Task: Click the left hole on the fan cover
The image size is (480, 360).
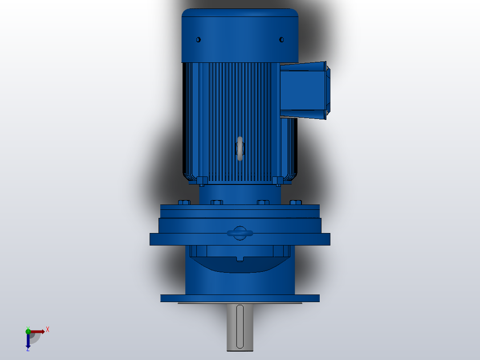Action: click(199, 40)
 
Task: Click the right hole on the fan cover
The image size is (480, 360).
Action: click(281, 40)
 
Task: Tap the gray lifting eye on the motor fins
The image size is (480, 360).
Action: click(240, 149)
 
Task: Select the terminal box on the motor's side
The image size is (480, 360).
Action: click(304, 90)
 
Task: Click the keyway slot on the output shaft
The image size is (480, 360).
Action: click(240, 326)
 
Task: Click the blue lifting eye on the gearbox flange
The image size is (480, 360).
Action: click(240, 233)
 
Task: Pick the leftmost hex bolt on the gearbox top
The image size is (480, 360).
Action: click(184, 202)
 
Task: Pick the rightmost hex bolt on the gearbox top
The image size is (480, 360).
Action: click(296, 202)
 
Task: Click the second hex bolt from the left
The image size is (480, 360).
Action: click(216, 202)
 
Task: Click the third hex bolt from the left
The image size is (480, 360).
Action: click(263, 202)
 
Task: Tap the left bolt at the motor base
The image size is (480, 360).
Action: click(202, 180)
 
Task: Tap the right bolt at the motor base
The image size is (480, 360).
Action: click(277, 180)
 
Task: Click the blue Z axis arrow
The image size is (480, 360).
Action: click(28, 342)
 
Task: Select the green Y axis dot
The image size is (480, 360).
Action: click(28, 331)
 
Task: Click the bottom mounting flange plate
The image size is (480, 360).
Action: click(240, 298)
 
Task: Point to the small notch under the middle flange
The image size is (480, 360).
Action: click(240, 258)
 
